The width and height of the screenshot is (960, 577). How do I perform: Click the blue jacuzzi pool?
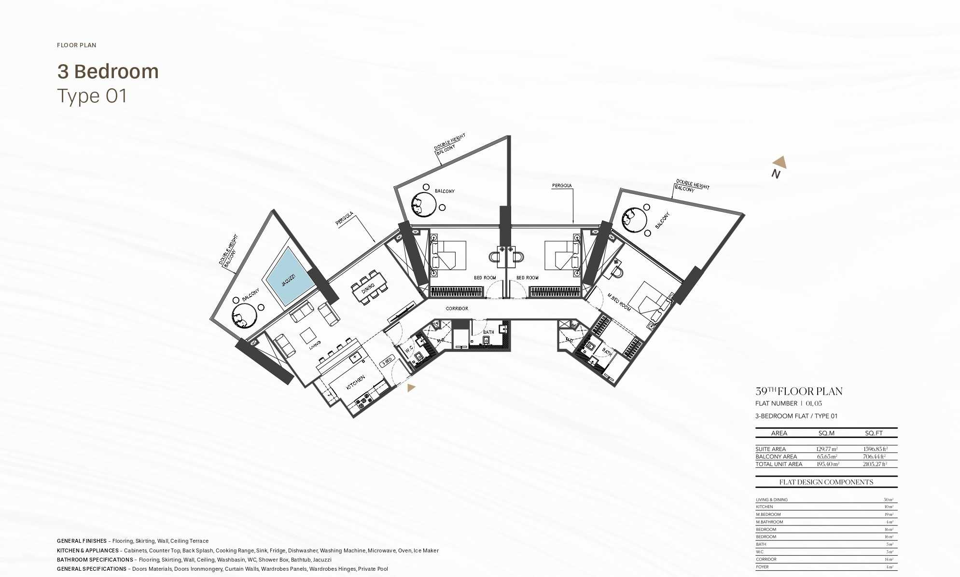[x=288, y=277]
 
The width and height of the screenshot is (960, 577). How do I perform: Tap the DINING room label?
[x=368, y=288]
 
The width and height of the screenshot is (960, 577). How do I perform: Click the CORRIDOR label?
[x=457, y=308]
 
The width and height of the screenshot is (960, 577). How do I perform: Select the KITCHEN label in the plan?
[x=356, y=383]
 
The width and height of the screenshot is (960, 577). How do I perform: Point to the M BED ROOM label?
[x=619, y=302]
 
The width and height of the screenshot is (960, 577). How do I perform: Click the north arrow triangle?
[x=779, y=162]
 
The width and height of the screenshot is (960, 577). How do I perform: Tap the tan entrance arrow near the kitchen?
[x=411, y=387]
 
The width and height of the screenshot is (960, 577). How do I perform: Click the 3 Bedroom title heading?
[x=108, y=71]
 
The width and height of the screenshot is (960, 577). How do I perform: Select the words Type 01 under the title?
[x=92, y=96]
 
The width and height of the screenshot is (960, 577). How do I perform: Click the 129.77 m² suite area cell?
[x=826, y=449]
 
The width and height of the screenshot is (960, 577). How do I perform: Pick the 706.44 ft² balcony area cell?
[x=874, y=456]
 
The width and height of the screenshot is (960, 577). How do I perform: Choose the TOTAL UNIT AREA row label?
[x=779, y=464]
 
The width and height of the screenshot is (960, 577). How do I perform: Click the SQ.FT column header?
[x=873, y=433]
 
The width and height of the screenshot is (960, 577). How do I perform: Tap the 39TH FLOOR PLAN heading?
[x=799, y=391]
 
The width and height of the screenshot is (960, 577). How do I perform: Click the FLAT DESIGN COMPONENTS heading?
[x=826, y=482]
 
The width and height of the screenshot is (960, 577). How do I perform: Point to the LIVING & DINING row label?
[x=771, y=500]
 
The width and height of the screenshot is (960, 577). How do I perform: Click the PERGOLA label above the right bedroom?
[x=562, y=185]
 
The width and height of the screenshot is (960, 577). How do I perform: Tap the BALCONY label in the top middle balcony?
[x=445, y=191]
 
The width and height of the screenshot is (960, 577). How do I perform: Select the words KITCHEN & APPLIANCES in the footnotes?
[x=88, y=550]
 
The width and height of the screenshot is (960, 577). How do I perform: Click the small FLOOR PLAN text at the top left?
[x=77, y=45]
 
